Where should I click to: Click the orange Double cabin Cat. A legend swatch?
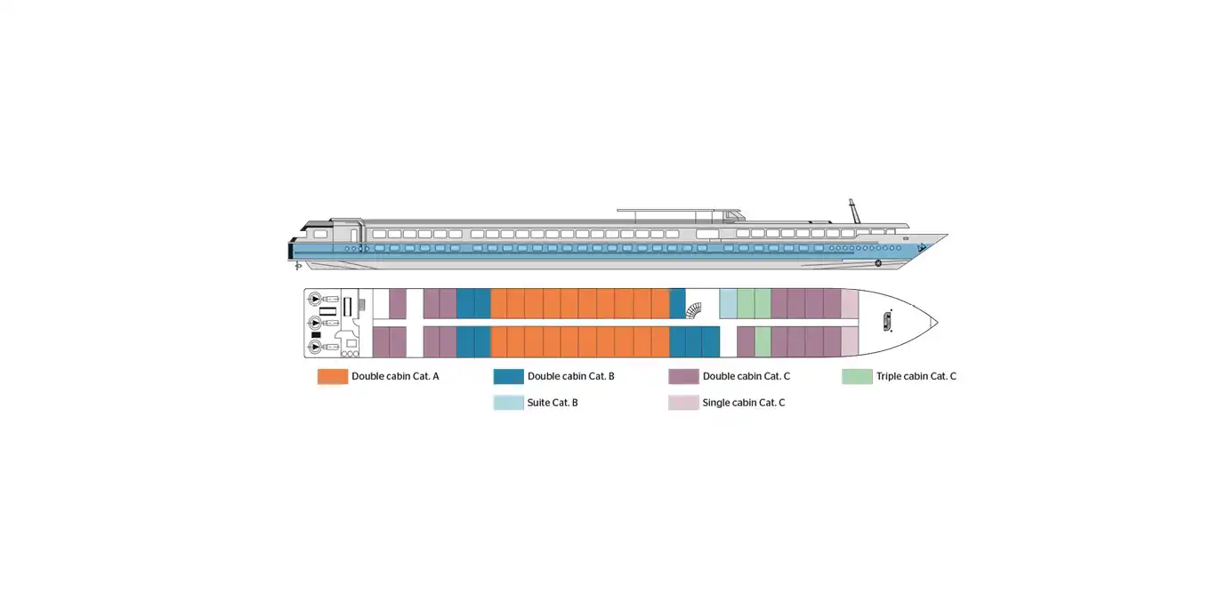(333, 377)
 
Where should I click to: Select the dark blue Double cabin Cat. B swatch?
(508, 377)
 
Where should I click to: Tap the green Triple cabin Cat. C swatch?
(857, 377)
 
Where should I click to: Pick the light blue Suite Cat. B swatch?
(508, 403)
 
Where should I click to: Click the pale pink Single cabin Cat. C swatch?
(683, 403)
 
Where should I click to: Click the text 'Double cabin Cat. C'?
(746, 377)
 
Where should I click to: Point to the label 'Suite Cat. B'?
(553, 403)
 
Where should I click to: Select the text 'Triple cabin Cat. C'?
(916, 377)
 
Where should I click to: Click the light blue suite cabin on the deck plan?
(728, 304)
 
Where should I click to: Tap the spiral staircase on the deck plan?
(694, 310)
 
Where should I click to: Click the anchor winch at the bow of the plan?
(887, 322)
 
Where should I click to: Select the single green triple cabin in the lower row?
(763, 341)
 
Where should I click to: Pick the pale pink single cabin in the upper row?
(850, 304)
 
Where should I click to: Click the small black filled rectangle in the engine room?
(316, 334)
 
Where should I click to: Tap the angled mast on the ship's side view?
(854, 212)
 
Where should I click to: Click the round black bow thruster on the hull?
(878, 263)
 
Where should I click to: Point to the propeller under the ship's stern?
(298, 266)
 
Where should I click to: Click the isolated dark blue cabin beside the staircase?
(678, 304)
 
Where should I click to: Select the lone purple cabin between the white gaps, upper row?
(398, 304)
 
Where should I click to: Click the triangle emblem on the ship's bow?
(922, 248)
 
